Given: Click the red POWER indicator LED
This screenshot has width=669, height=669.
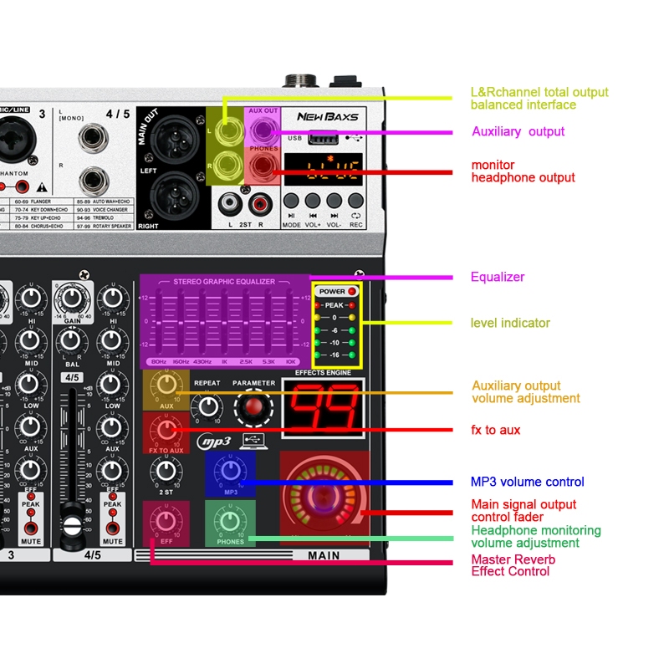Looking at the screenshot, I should tap(352, 292).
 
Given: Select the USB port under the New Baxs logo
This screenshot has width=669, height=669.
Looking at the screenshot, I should tap(320, 138).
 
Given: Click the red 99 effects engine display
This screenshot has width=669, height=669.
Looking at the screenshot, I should tap(324, 410).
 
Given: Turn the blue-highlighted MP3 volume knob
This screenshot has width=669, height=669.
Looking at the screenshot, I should tap(230, 471).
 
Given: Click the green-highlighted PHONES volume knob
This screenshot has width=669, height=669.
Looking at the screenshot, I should tap(230, 519).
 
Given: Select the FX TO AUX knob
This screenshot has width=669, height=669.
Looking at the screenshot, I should tap(166, 431).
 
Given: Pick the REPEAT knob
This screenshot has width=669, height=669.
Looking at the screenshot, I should tap(207, 406).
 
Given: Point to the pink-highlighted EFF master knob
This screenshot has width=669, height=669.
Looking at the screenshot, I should tap(166, 519).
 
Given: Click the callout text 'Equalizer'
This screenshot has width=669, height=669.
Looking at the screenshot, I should tap(498, 277).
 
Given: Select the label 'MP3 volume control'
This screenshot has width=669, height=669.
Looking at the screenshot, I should tap(527, 482).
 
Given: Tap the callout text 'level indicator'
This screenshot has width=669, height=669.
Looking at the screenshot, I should tap(510, 323).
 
